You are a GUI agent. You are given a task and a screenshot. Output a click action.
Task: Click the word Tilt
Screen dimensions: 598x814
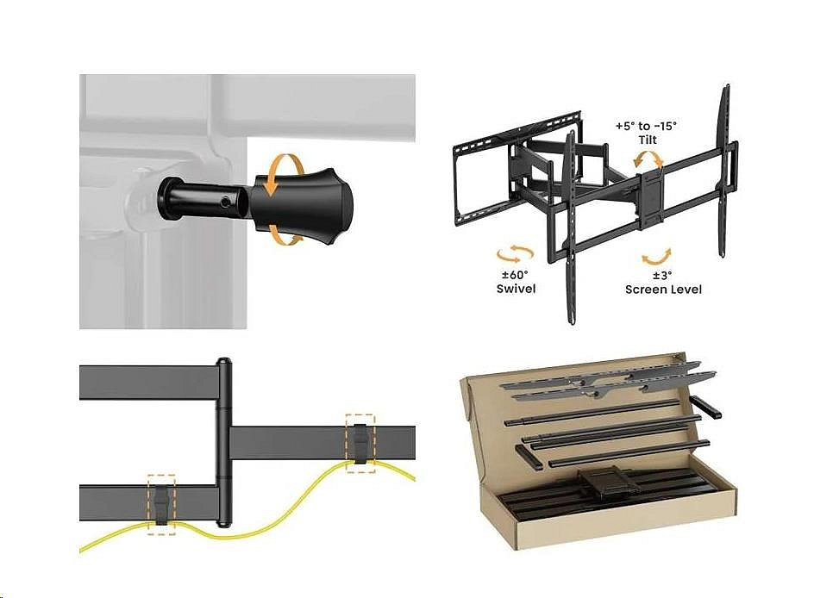click(x=648, y=140)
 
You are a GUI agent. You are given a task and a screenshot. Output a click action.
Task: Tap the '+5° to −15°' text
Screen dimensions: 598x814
click(x=647, y=126)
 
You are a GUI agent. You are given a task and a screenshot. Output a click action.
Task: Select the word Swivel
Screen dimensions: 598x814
click(x=516, y=289)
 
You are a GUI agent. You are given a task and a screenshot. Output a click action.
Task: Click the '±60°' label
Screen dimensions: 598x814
click(x=516, y=275)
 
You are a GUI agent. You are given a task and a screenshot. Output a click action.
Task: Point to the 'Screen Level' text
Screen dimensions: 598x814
click(x=663, y=290)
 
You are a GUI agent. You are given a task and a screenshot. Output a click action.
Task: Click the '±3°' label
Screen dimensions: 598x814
click(x=661, y=276)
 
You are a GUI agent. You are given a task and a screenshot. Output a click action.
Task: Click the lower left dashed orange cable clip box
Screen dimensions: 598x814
click(x=161, y=504)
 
